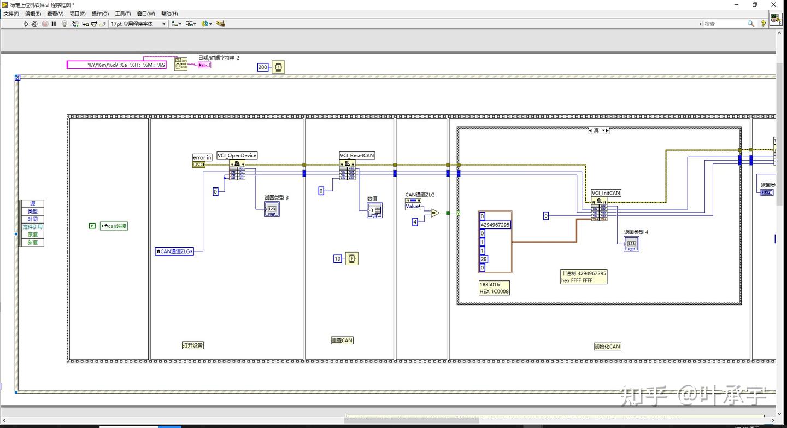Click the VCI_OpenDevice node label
[x=237, y=155]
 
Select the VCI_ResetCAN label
[x=357, y=155]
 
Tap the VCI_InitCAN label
[x=606, y=193]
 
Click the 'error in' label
[x=202, y=157]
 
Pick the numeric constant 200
[x=263, y=67]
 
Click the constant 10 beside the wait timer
[x=338, y=259]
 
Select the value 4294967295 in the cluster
[x=495, y=225]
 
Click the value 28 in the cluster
[x=484, y=259]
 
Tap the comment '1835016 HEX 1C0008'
[x=494, y=288]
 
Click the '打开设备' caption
[x=193, y=345]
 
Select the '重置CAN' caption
[x=342, y=340]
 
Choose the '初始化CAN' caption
[x=607, y=346]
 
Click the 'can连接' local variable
[x=113, y=226]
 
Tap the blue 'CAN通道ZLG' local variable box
[x=174, y=251]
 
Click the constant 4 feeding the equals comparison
[x=415, y=221]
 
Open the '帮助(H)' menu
[x=169, y=14]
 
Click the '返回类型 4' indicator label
[x=636, y=232]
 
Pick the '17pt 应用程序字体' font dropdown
[x=138, y=24]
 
